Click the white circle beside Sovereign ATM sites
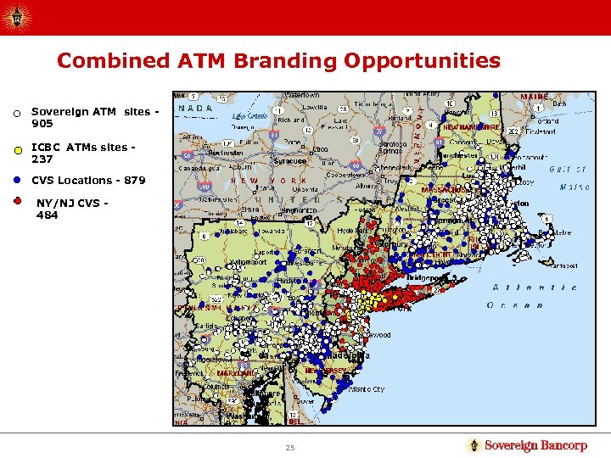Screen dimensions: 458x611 click(x=16, y=114)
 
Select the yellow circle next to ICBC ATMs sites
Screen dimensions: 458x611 click(x=16, y=152)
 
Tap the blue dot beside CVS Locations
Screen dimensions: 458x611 click(x=16, y=180)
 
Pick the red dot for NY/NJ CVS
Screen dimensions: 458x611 click(x=16, y=202)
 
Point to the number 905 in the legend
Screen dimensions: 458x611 click(x=42, y=124)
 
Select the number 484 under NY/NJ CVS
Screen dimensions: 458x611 click(x=48, y=215)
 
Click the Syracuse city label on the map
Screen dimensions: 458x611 click(x=289, y=160)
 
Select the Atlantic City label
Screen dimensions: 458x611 click(x=366, y=389)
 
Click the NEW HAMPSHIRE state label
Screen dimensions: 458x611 click(x=476, y=126)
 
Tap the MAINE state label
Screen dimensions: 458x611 click(x=535, y=97)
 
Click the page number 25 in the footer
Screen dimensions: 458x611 click(x=290, y=447)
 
